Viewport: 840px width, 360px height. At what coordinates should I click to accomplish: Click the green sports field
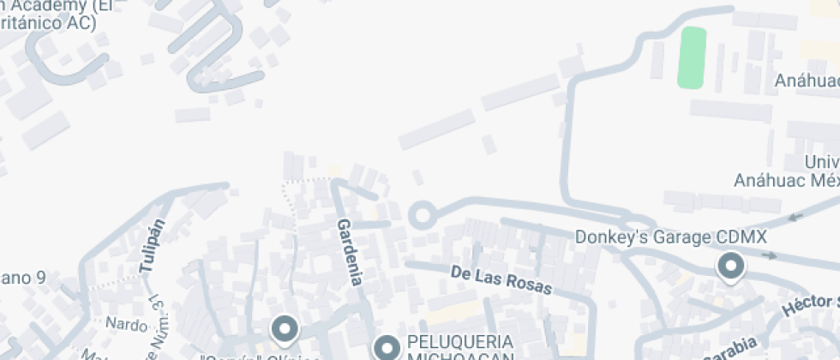[x=693, y=57]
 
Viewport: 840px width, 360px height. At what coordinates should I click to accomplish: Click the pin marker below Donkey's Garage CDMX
[x=730, y=267]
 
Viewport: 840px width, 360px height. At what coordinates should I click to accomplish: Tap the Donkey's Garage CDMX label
[x=670, y=237]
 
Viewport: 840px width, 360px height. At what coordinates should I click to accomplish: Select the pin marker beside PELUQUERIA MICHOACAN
[x=387, y=347]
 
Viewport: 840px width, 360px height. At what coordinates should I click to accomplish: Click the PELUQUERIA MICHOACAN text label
[x=459, y=348]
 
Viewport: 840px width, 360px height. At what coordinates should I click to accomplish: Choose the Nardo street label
[x=126, y=324]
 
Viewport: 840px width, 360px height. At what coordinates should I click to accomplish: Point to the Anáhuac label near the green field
[x=807, y=81]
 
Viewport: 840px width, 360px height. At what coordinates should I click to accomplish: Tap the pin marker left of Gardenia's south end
[x=284, y=329]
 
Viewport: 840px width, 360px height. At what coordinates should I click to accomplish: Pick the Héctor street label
[x=810, y=307]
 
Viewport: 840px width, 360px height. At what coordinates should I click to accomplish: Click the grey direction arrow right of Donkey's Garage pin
[x=769, y=255]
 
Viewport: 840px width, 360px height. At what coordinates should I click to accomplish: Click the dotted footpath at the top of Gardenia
[x=306, y=180]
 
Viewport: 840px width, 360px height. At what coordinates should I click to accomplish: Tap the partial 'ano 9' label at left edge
[x=23, y=278]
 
